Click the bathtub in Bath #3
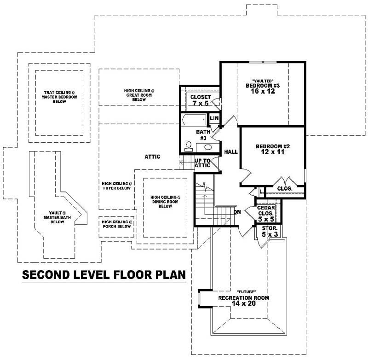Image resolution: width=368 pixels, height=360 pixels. [x=193, y=122]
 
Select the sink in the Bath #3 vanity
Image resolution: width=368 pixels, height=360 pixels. [x=207, y=148]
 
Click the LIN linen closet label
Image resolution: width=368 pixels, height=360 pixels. [x=213, y=119]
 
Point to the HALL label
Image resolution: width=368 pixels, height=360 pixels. [x=230, y=151]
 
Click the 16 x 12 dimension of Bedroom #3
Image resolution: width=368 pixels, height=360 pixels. [x=263, y=91]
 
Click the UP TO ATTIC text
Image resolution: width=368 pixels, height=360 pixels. [x=202, y=163]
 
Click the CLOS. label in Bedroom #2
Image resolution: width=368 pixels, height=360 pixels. [x=285, y=189]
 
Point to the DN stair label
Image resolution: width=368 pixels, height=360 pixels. [x=237, y=212]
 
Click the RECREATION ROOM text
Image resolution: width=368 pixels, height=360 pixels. [x=243, y=298]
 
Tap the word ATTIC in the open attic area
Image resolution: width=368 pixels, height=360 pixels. [x=152, y=157]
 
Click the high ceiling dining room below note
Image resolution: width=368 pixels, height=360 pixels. [x=165, y=202]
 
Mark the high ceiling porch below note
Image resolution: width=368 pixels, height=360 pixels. [x=117, y=224]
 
